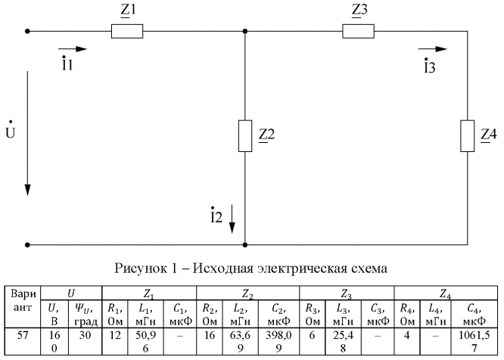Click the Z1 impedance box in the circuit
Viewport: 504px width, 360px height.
point(128,31)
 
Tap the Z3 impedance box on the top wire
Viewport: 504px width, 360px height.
point(358,31)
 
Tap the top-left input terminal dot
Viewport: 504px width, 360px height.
point(28,31)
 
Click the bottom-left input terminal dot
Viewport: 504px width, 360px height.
point(28,244)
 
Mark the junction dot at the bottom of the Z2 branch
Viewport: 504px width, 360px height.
point(244,244)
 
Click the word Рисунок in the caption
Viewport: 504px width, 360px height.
point(140,268)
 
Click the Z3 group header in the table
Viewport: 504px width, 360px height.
point(347,291)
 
